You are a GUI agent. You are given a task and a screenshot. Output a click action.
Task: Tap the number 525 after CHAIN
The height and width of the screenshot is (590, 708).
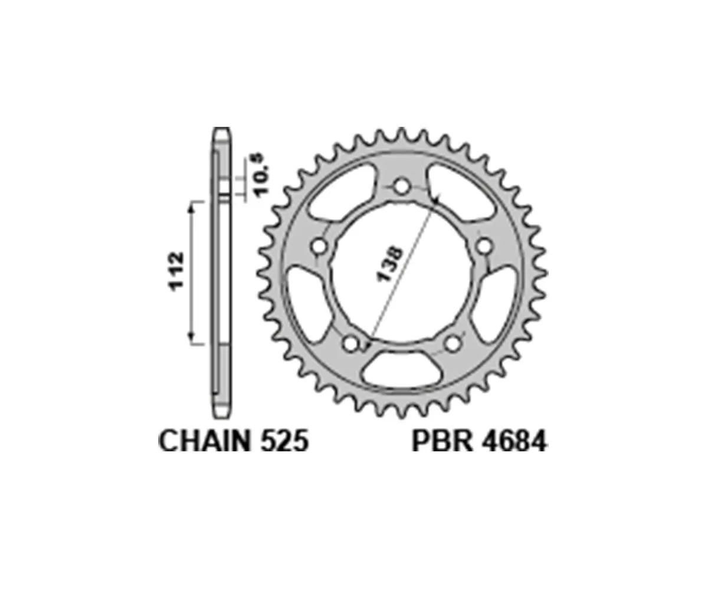tap(281, 442)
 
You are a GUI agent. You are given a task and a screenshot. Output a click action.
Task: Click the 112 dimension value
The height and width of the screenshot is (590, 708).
tap(176, 271)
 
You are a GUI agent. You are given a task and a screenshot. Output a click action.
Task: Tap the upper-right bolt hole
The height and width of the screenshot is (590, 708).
tap(484, 245)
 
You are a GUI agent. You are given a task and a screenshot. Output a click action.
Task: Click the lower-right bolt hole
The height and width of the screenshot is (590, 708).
tap(453, 343)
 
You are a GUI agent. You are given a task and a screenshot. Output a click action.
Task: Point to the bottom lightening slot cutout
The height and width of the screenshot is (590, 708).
tap(402, 369)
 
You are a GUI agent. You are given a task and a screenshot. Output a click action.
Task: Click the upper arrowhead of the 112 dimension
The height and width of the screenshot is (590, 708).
tap(191, 204)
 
